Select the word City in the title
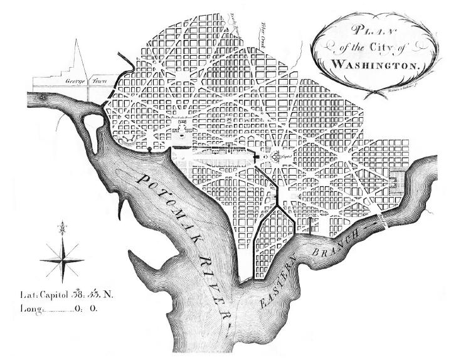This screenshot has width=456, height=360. click(x=390, y=47)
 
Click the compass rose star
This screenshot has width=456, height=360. click(x=61, y=259)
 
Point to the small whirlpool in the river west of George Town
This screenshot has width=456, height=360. click(x=43, y=98)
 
